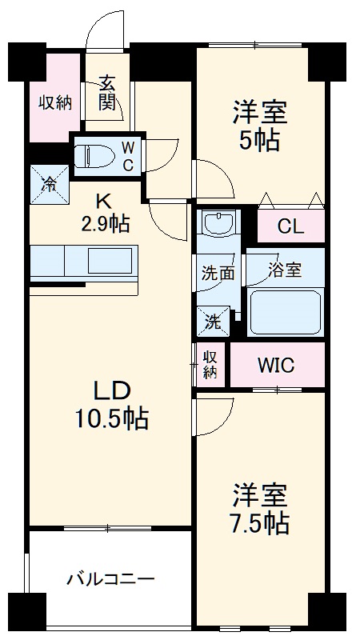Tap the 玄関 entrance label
108,93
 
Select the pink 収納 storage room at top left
56,102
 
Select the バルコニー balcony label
110,578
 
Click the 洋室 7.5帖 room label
260,509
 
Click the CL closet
290,226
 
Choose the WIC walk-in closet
276,366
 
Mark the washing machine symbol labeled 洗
212,322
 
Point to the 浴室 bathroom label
285,269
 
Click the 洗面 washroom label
217,272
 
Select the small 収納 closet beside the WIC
210,364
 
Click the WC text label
128,154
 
